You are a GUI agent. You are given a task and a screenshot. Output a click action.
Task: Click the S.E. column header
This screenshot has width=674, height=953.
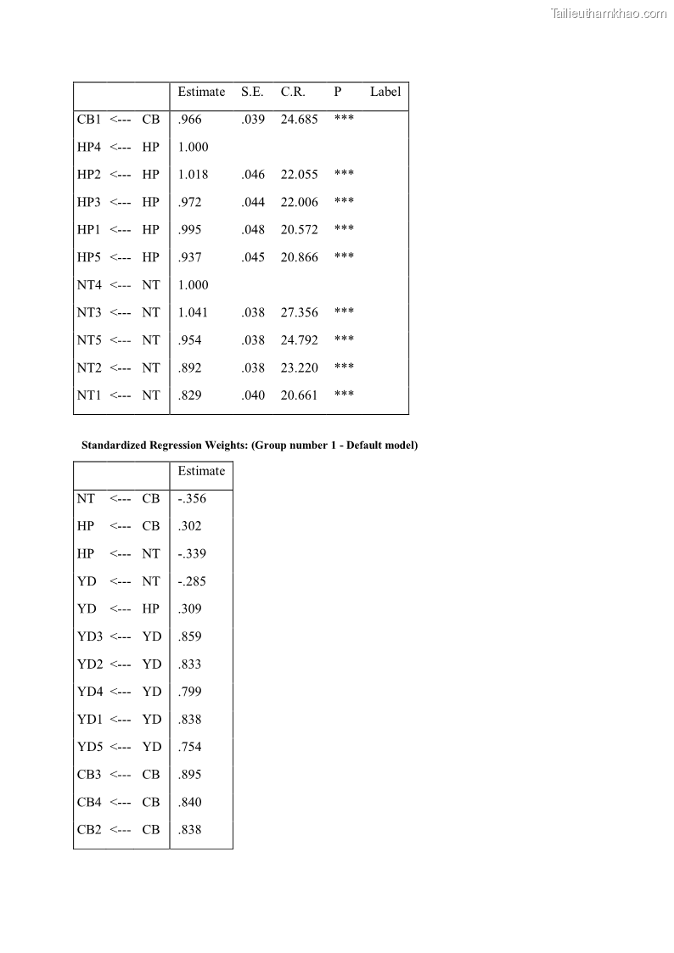pyautogui.click(x=252, y=92)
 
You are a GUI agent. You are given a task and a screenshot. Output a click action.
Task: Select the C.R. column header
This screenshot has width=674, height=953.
pyautogui.click(x=293, y=92)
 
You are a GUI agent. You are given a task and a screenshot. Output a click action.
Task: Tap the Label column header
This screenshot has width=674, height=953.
pyautogui.click(x=385, y=92)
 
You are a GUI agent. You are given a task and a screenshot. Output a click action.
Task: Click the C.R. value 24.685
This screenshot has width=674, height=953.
pyautogui.click(x=299, y=120)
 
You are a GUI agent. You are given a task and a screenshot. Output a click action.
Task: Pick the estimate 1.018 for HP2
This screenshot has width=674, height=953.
pyautogui.click(x=193, y=175)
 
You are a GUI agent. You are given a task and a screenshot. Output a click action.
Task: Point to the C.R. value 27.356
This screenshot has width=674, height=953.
pyautogui.click(x=299, y=312)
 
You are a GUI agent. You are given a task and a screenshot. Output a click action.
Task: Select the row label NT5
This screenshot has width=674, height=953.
pyautogui.click(x=89, y=340)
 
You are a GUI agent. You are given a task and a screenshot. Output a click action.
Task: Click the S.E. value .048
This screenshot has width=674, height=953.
pyautogui.click(x=253, y=230)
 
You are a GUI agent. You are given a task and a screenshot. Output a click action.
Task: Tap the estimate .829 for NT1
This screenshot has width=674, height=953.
pyautogui.click(x=189, y=395)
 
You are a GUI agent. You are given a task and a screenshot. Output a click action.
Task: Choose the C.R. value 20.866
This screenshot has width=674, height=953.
pyautogui.click(x=299, y=257)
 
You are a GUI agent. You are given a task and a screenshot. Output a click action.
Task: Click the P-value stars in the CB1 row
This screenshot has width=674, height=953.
pyautogui.click(x=344, y=119)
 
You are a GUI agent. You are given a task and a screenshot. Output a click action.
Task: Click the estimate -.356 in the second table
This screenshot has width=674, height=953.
pyautogui.click(x=192, y=499)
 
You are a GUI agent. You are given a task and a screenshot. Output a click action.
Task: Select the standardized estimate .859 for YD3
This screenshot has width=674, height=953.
pyautogui.click(x=189, y=636)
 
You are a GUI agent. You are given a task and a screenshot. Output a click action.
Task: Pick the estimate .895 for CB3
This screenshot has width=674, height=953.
pyautogui.click(x=189, y=775)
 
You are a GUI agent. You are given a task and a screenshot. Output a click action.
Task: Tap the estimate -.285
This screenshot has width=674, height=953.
pyautogui.click(x=192, y=581)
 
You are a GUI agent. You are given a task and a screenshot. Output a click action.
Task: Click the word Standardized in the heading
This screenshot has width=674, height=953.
pyautogui.click(x=114, y=446)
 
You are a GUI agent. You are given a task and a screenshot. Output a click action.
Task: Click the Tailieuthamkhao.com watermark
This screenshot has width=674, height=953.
pyautogui.click(x=609, y=13)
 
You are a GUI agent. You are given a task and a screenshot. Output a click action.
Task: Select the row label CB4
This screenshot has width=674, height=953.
pyautogui.click(x=89, y=802)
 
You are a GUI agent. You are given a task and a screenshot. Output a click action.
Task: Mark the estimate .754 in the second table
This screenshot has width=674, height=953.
pyautogui.click(x=189, y=747)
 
